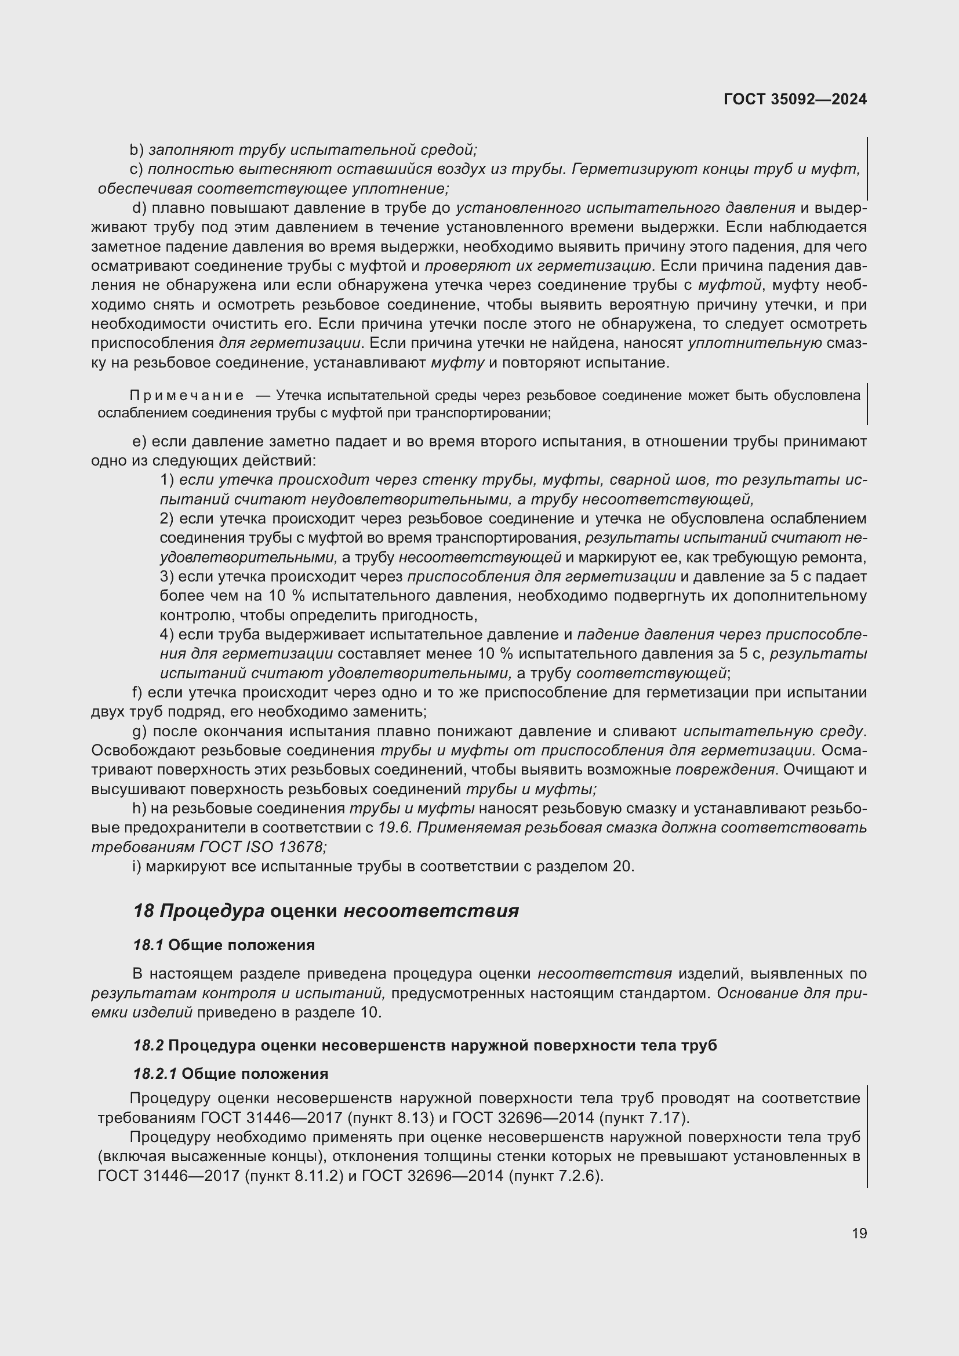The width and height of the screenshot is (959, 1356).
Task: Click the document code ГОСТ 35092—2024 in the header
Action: (x=795, y=99)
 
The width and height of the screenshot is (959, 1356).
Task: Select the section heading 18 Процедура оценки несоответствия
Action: (x=326, y=910)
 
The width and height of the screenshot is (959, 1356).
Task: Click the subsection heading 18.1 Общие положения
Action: (x=224, y=945)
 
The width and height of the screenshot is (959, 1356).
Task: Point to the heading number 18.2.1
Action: (x=155, y=1073)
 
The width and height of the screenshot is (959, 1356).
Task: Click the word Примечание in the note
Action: (x=186, y=396)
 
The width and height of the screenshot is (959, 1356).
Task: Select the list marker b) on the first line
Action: (x=136, y=150)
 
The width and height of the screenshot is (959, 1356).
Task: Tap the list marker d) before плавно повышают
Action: (x=139, y=208)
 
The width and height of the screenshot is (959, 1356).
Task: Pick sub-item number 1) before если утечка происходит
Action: (x=166, y=480)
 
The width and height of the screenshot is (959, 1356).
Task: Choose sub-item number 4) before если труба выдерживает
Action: (x=166, y=635)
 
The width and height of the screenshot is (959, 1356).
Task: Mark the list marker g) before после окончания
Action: (x=139, y=731)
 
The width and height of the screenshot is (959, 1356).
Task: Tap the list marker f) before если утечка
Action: (x=136, y=692)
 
